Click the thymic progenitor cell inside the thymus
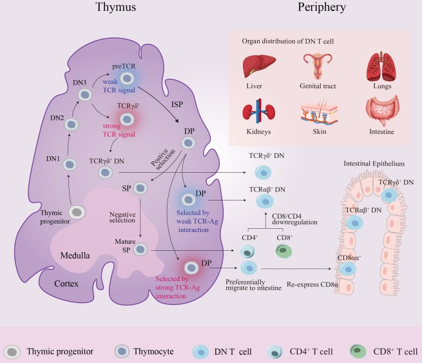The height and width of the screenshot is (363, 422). (77, 211)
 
